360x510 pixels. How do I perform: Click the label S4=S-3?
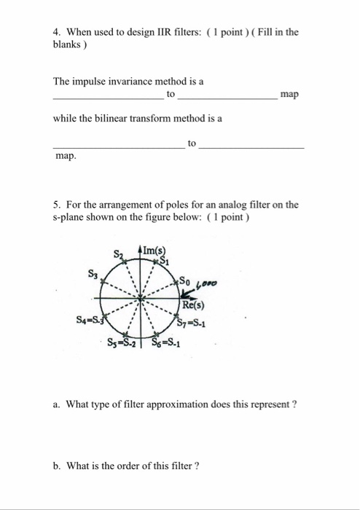point(90,318)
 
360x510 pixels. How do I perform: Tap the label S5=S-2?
point(122,342)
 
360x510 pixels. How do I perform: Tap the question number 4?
point(57,32)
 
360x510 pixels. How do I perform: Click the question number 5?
point(57,205)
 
